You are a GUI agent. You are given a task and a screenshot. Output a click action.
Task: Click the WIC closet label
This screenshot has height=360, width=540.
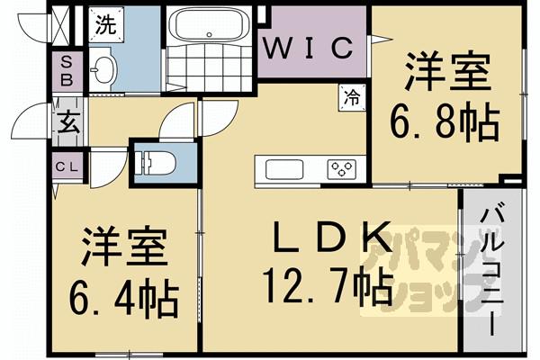[x=314, y=48]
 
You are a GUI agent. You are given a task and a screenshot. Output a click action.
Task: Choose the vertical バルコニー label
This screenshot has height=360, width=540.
[x=493, y=269]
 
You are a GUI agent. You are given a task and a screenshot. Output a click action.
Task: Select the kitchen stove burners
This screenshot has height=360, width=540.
[x=341, y=167]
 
